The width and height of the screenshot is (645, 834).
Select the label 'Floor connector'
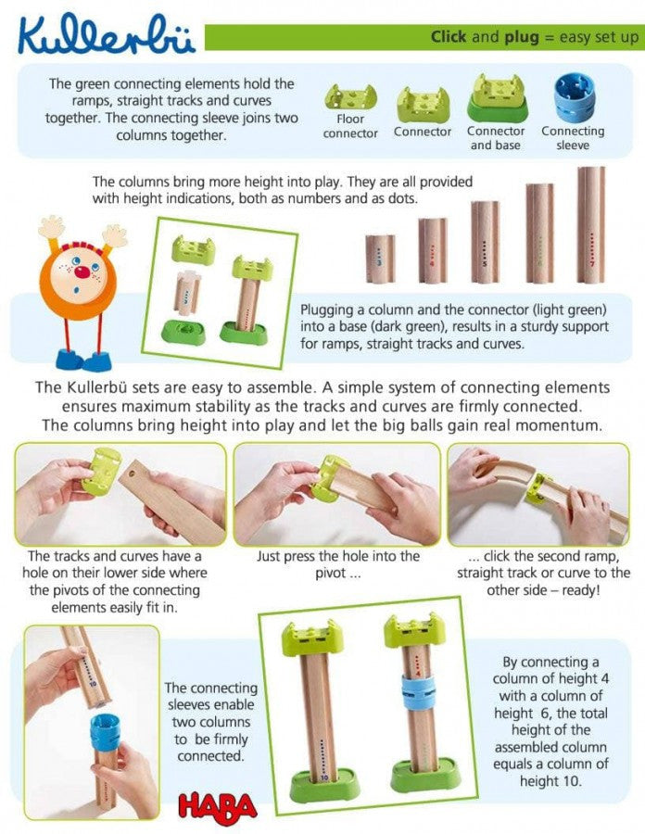[x=350, y=126]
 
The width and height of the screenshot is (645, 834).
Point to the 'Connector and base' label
[x=496, y=138]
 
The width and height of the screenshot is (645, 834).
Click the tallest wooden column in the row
[x=590, y=225]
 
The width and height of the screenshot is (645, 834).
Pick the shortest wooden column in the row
[x=380, y=259]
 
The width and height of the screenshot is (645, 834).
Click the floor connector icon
[x=349, y=96]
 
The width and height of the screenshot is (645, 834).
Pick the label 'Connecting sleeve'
[x=572, y=138]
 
